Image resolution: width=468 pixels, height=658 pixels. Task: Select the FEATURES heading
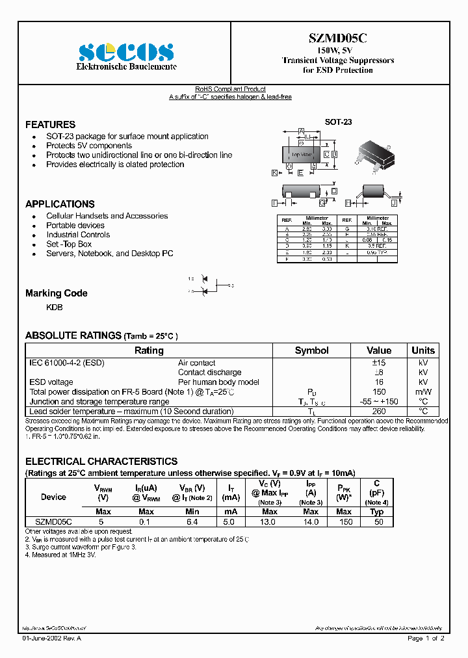tap(50, 124)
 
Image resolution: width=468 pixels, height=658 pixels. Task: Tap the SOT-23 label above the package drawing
tap(338, 122)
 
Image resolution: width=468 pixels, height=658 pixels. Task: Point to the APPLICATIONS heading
tap(60, 204)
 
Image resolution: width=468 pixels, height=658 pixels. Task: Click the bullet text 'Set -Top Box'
tap(69, 244)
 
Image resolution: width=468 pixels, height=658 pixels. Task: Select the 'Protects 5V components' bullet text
tap(89, 146)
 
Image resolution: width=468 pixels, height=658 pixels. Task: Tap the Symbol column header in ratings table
tap(311, 350)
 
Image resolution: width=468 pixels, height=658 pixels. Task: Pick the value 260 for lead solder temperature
tap(379, 411)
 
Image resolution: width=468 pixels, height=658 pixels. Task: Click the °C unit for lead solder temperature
tap(423, 411)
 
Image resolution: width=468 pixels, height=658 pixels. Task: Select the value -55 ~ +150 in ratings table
tap(379, 401)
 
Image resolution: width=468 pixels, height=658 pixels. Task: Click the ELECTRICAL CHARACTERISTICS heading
tap(101, 461)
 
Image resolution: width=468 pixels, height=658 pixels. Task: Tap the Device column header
tap(53, 497)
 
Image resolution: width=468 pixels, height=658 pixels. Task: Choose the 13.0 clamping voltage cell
tap(270, 521)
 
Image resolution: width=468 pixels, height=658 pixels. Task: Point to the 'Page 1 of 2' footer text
tap(426, 638)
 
